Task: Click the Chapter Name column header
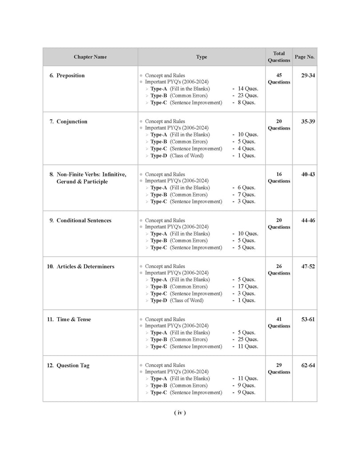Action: [x=90, y=57]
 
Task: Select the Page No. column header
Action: [x=305, y=57]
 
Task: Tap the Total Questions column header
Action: [x=279, y=57]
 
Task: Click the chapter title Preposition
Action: [x=70, y=76]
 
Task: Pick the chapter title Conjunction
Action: [x=71, y=121]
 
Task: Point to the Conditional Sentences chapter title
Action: [x=83, y=220]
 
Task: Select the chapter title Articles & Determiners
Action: [x=85, y=267]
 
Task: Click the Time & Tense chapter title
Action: [x=74, y=319]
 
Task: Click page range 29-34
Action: [x=308, y=76]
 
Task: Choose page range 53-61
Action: [x=308, y=319]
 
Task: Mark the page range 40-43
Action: [x=308, y=174]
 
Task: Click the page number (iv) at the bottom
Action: [x=180, y=413]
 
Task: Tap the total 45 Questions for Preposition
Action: [x=279, y=79]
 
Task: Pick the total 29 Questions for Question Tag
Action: [x=279, y=368]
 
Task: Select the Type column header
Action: [x=202, y=57]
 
